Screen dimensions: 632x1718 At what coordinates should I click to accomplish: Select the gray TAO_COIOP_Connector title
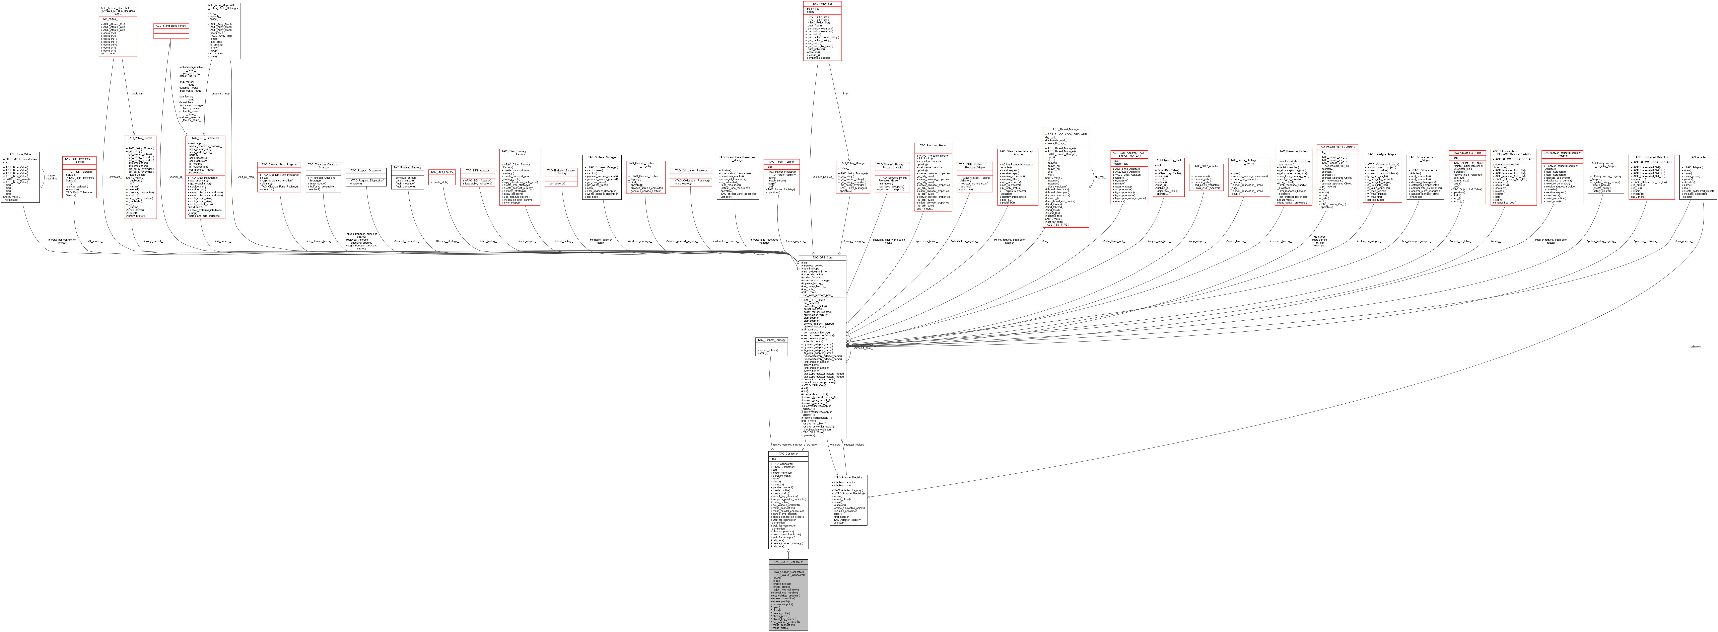coord(788,562)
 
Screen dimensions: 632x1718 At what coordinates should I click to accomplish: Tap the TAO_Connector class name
coord(788,453)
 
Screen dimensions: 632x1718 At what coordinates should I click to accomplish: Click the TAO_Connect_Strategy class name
coord(770,340)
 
